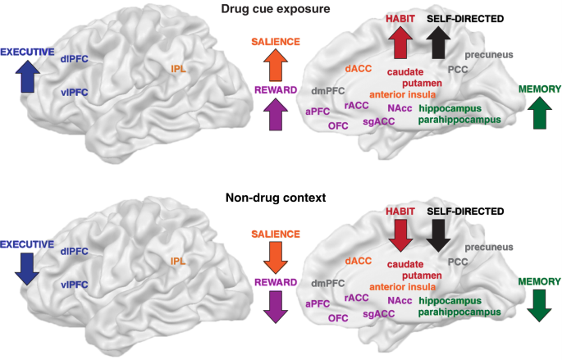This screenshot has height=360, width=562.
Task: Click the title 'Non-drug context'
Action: pos(281,198)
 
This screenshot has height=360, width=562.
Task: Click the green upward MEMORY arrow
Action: pos(539,112)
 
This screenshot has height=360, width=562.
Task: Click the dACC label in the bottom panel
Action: pos(359,260)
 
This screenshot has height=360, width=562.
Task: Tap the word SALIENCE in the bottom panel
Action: pos(276,235)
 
